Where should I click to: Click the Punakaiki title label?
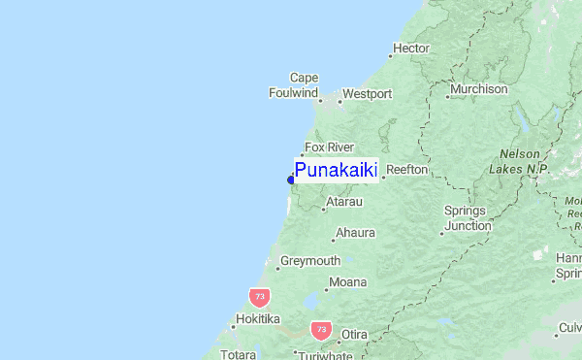pyautogui.click(x=336, y=172)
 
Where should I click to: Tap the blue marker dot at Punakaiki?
pyautogui.click(x=291, y=179)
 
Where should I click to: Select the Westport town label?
pyautogui.click(x=368, y=94)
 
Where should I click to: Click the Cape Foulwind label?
pyautogui.click(x=294, y=85)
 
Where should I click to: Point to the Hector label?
pyautogui.click(x=410, y=48)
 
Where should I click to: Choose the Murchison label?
pyautogui.click(x=477, y=89)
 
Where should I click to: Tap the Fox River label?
pyautogui.click(x=328, y=147)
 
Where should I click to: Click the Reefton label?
pyautogui.click(x=406, y=170)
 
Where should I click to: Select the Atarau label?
pyautogui.click(x=343, y=202)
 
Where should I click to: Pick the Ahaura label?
pyautogui.click(x=354, y=234)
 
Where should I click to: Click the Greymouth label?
pyautogui.click(x=310, y=261)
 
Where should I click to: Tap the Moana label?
pyautogui.click(x=348, y=282)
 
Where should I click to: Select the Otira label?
pyautogui.click(x=353, y=335)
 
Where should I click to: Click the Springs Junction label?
pyautogui.click(x=469, y=218)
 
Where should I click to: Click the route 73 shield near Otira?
pyautogui.click(x=321, y=330)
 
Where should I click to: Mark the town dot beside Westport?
pyautogui.click(x=339, y=100)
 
